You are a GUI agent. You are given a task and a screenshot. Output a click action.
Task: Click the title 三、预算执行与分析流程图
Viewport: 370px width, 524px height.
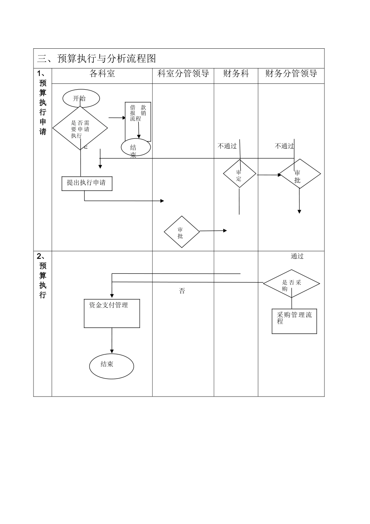(x=97, y=58)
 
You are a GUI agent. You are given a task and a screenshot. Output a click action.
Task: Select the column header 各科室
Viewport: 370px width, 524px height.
(x=102, y=74)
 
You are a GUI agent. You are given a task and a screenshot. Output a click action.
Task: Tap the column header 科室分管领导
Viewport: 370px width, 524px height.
(x=183, y=74)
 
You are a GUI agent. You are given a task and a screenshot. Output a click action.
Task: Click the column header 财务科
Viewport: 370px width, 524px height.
(x=236, y=74)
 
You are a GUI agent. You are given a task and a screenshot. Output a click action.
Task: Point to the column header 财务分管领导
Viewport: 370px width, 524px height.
(x=291, y=74)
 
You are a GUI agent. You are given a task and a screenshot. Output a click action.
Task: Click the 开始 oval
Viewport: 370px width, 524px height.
(x=81, y=99)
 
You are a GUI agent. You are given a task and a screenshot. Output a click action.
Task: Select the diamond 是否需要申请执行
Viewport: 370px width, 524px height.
(x=80, y=129)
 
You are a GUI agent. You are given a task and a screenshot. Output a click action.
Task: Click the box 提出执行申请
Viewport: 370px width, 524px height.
(x=87, y=183)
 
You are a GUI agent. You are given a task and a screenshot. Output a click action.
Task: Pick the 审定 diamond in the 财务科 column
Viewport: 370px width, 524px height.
(x=239, y=174)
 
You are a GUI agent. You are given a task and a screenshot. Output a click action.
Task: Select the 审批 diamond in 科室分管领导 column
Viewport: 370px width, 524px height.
(x=181, y=232)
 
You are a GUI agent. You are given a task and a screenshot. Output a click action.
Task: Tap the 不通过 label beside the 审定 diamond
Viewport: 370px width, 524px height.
(x=227, y=146)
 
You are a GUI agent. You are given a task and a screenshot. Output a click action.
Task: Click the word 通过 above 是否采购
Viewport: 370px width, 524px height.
(x=297, y=256)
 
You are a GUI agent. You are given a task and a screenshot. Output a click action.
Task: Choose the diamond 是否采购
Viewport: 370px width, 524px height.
(x=291, y=284)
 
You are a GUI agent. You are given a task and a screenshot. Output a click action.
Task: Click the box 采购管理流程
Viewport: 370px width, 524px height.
(x=294, y=321)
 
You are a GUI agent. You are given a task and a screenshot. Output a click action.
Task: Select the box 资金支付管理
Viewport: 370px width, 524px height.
(x=112, y=313)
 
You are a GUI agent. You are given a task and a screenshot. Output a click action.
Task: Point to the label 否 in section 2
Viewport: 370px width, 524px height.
(x=182, y=291)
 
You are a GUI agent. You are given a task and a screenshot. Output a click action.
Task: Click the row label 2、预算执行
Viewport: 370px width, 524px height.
(x=42, y=275)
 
